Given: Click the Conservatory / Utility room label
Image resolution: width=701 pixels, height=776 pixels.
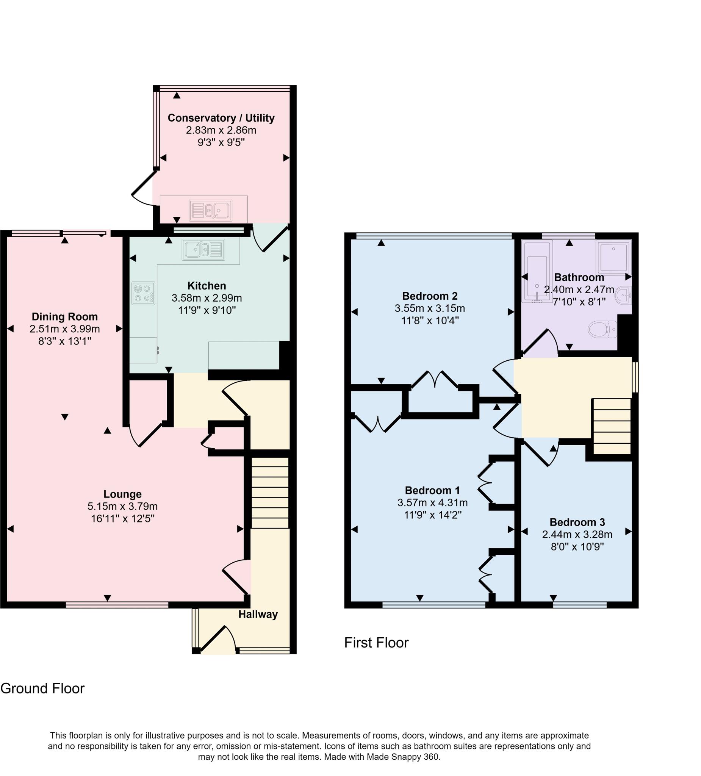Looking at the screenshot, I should tap(221, 118).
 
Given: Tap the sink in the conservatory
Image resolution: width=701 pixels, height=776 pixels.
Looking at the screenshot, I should tap(211, 210).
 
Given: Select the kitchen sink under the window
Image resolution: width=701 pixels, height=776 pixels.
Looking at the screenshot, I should tap(203, 250).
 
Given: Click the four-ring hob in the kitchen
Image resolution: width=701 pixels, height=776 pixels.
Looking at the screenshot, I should tap(143, 293).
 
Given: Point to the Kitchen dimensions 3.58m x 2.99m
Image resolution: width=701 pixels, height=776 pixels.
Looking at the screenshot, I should tap(207, 297).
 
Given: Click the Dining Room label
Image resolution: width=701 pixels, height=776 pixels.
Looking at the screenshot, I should tap(65, 316).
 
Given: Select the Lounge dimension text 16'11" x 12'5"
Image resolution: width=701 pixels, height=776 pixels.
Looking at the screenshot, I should tap(122, 518).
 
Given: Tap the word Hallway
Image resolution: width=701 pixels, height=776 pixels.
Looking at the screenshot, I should tap(258, 614).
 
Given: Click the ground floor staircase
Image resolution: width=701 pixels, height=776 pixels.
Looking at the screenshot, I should tap(269, 492).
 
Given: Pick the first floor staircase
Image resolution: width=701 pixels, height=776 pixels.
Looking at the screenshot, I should tap(611, 426).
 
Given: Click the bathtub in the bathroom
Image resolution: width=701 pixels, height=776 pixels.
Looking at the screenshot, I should tap(537, 272).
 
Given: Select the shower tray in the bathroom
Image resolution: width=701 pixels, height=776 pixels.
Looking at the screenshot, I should tap(613, 257).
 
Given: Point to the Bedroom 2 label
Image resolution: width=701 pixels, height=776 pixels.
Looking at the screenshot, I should tap(430, 296).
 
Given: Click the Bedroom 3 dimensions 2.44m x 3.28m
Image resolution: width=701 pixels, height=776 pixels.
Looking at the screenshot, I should tap(577, 534).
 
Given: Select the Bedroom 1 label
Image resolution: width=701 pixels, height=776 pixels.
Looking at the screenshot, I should tap(432, 490).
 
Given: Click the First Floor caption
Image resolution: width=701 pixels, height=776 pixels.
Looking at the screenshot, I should tap(376, 642).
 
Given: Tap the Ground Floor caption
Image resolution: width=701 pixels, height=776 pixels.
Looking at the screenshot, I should tap(42, 688).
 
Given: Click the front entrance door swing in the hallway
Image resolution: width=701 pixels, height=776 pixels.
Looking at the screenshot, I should tap(218, 640).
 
